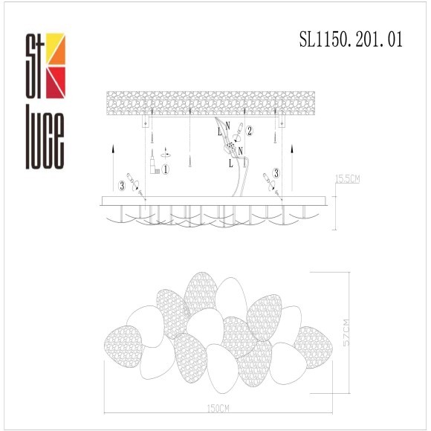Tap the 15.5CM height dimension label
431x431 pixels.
point(347,178)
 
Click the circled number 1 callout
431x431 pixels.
point(166,169)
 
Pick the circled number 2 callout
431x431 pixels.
point(250,131)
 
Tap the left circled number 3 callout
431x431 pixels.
point(121,184)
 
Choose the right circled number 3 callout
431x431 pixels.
point(276,172)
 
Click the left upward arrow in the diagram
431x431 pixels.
point(110,167)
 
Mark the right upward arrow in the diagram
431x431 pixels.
point(295,167)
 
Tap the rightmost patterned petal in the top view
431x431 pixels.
point(313,346)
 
